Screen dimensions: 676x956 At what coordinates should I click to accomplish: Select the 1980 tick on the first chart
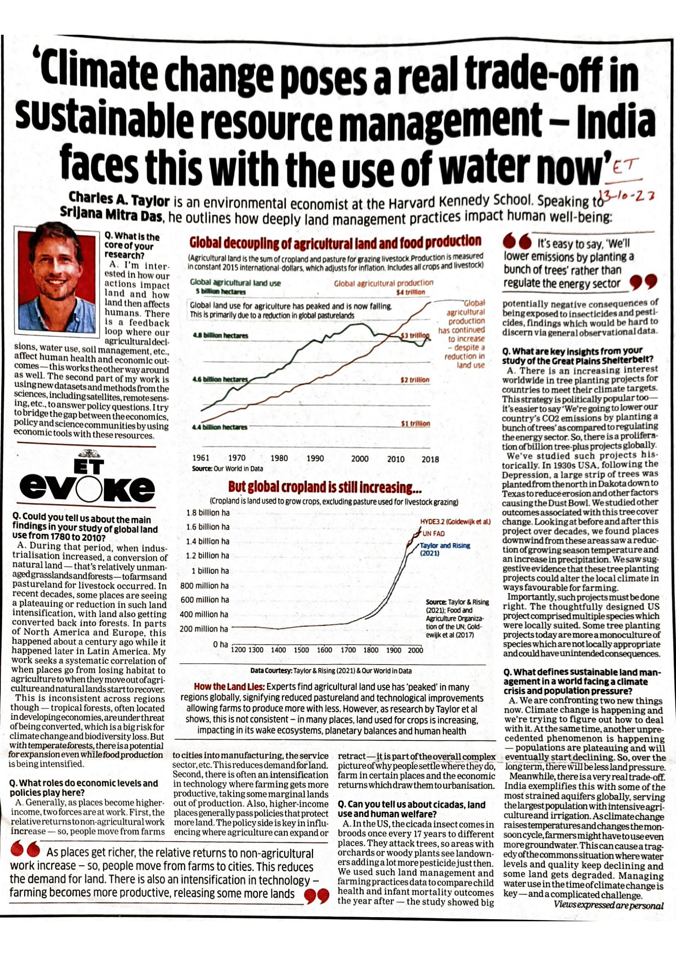pyautogui.click(x=279, y=459)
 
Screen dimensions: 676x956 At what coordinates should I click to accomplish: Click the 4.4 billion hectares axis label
pyautogui.click(x=219, y=427)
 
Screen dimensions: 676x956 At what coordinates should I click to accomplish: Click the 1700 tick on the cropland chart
pyautogui.click(x=348, y=650)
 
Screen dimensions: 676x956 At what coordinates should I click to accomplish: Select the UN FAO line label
pyautogui.click(x=434, y=534)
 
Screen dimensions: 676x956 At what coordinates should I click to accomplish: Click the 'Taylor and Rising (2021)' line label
pyautogui.click(x=445, y=549)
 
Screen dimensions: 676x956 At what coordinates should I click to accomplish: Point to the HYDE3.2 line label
pyautogui.click(x=456, y=522)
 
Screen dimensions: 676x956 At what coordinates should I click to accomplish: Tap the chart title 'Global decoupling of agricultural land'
pyautogui.click(x=336, y=242)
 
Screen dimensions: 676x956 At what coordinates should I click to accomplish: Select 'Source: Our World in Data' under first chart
pyautogui.click(x=227, y=468)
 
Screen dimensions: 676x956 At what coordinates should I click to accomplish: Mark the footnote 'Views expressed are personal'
pyautogui.click(x=608, y=905)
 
